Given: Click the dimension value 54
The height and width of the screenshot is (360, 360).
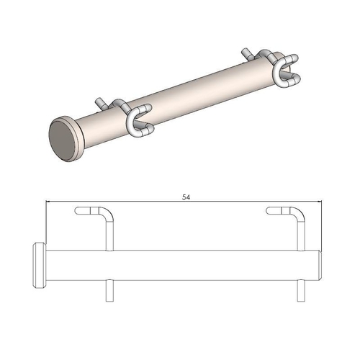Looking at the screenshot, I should pyautogui.click(x=186, y=195).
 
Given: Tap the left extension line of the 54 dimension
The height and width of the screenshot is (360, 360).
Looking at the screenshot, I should pyautogui.click(x=45, y=223).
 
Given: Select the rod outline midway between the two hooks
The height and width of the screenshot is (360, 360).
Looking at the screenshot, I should pyautogui.click(x=205, y=264).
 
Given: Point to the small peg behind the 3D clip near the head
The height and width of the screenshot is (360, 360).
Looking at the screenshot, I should pyautogui.click(x=102, y=103).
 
